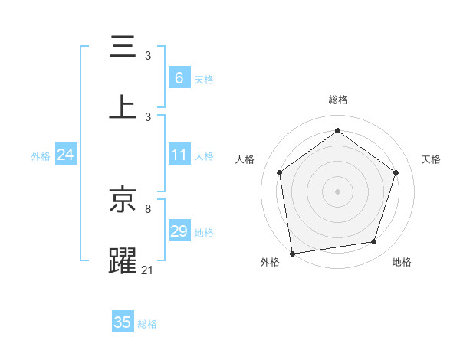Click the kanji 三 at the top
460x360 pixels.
click(123, 47)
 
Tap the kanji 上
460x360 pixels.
click(123, 107)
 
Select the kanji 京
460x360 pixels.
click(123, 201)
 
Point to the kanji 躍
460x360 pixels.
click(123, 260)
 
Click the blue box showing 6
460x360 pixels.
click(179, 77)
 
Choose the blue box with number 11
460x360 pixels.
click(179, 155)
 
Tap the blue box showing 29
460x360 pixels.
click(179, 231)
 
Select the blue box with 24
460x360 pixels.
click(65, 155)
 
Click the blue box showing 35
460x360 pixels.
click(123, 322)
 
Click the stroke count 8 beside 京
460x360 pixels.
click(148, 208)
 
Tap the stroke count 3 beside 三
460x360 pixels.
click(148, 56)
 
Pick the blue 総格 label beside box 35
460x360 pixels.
click(147, 324)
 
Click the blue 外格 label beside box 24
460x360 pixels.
click(41, 156)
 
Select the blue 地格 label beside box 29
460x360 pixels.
click(204, 233)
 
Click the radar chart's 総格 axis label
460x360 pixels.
click(338, 100)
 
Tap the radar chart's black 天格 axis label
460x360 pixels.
click(431, 159)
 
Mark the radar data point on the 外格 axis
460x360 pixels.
click(292, 253)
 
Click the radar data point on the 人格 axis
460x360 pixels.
click(279, 173)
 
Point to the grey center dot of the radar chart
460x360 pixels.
click(338, 191)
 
